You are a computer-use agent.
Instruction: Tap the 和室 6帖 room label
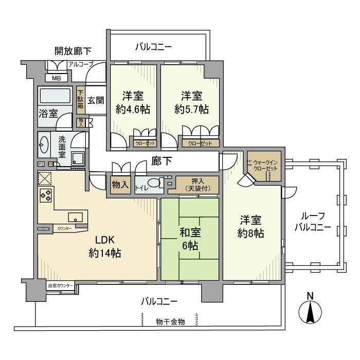tap(190, 239)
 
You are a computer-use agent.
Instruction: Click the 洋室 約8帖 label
tap(252, 226)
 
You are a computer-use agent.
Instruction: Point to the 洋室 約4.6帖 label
tap(133, 102)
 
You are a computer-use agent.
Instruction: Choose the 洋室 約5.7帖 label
tap(191, 102)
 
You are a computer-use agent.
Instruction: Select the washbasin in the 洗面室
tap(44, 146)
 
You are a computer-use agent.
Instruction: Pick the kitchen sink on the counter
tap(75, 217)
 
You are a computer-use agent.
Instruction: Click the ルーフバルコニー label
tap(313, 221)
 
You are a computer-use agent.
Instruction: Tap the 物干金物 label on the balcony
tap(170, 321)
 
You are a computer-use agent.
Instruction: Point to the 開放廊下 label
tap(73, 51)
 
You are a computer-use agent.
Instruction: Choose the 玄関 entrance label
tap(96, 100)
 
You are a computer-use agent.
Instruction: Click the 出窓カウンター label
tap(61, 285)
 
